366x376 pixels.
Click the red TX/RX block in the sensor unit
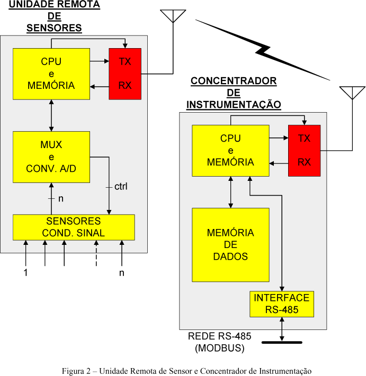click(x=125, y=74)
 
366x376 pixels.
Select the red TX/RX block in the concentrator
click(x=304, y=151)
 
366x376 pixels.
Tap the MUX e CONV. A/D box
click(x=51, y=157)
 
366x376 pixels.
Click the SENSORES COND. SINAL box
click(x=74, y=227)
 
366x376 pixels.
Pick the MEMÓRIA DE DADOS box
click(x=230, y=244)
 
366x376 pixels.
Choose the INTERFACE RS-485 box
click(x=281, y=304)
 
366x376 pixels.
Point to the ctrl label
click(x=121, y=187)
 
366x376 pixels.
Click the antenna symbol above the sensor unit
click(x=173, y=15)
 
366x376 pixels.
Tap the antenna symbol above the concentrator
click(x=352, y=92)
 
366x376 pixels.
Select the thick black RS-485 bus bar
click(x=281, y=342)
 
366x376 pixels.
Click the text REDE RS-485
click(x=219, y=336)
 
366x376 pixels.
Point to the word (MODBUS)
click(x=219, y=348)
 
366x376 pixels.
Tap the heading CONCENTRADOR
click(x=234, y=81)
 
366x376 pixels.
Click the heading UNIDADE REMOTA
click(x=54, y=5)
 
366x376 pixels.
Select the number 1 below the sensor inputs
click(x=25, y=273)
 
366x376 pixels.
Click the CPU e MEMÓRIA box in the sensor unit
click(x=51, y=74)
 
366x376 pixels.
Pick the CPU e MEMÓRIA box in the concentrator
click(x=230, y=151)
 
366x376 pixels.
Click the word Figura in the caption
click(x=73, y=370)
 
